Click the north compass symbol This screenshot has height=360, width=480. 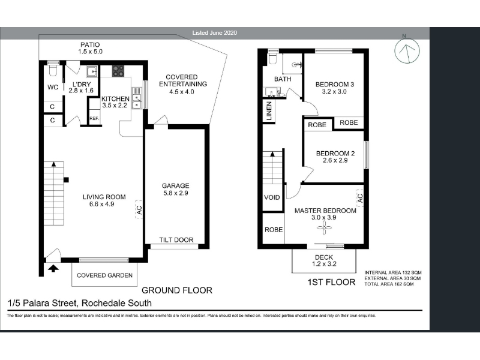coord(407,50)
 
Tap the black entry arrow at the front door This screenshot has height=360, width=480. coord(53,268)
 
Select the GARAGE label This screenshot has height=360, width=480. coord(175,185)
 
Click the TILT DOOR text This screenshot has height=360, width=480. coord(176,240)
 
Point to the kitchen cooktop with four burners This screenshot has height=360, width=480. coord(118,71)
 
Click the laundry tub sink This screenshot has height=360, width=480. coord(92,71)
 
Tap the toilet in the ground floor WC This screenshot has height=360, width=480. coord(53,68)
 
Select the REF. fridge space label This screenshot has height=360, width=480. coord(94,118)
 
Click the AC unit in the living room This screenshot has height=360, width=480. coord(139,209)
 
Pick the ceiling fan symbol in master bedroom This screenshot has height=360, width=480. coord(324,227)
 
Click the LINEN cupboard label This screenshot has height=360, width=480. coord(269,111)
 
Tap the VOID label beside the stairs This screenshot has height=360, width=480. coord(272,197)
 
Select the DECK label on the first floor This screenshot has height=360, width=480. coord(324,257)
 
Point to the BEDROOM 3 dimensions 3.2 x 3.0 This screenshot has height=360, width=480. coord(334,92)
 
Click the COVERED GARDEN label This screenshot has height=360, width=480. coord(104,275)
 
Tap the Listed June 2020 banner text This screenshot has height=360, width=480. coord(215,33)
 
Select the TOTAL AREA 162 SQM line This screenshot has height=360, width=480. coord(389,284)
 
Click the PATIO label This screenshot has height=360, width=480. coord(90,44)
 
